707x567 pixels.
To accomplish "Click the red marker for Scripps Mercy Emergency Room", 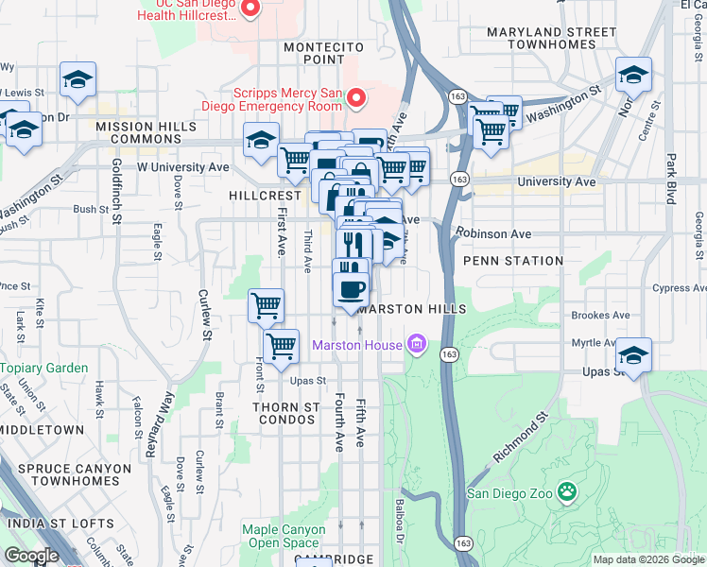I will pos(356,96).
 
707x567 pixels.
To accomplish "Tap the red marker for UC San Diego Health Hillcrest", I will pos(250,9).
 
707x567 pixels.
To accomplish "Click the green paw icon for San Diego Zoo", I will pos(566,491).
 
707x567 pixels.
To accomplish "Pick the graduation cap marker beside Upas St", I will pos(632,354).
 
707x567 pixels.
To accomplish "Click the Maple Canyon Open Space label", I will pos(282,536).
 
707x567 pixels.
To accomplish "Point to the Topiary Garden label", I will pos(44,368).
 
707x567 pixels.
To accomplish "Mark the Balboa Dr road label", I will pos(400,531).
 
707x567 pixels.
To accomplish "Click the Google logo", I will pos(31,556).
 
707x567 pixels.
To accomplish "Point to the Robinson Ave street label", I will pos(492,232).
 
